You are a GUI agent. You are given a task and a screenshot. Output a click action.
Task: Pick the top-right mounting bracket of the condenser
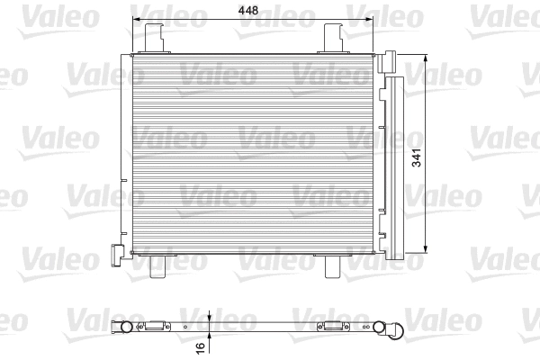point(335,39)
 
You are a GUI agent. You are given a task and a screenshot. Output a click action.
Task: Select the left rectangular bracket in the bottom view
point(157,326)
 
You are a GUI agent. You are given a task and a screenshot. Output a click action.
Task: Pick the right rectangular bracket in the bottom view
point(335,326)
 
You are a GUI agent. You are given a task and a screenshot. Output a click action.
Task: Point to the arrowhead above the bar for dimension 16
point(209,317)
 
